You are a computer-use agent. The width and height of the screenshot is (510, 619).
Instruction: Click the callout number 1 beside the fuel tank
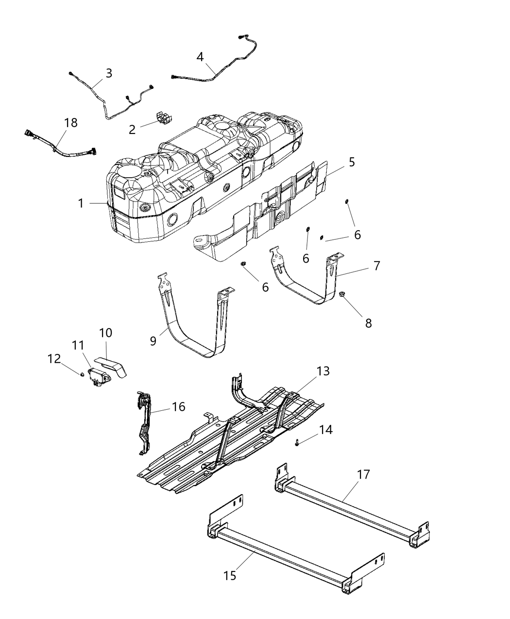pyautogui.click(x=81, y=203)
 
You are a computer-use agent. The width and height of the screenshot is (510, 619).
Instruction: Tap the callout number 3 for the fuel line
pyautogui.click(x=109, y=73)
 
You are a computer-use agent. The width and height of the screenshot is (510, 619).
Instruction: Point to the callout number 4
pyautogui.click(x=200, y=57)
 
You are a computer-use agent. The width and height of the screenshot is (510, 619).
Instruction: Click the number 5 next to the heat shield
pyautogui.click(x=351, y=162)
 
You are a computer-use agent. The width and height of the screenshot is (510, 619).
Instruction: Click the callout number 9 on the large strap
pyautogui.click(x=153, y=341)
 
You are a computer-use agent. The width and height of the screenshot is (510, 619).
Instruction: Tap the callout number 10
pyautogui.click(x=105, y=333)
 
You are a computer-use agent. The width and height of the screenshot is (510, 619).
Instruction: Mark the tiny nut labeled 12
pyautogui.click(x=83, y=373)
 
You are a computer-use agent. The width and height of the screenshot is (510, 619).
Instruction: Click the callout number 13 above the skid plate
pyautogui.click(x=336, y=371)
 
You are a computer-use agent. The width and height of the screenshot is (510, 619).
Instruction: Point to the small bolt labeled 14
pyautogui.click(x=296, y=442)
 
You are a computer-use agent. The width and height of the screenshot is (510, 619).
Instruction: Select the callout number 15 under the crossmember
pyautogui.click(x=230, y=575)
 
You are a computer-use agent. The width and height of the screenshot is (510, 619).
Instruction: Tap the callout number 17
pyautogui.click(x=363, y=474)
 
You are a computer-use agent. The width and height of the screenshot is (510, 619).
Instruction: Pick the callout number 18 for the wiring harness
pyautogui.click(x=71, y=122)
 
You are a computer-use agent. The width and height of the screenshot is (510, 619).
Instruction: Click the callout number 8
pyautogui.click(x=368, y=323)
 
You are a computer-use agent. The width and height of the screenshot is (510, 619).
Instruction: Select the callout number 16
pyautogui.click(x=178, y=406)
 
